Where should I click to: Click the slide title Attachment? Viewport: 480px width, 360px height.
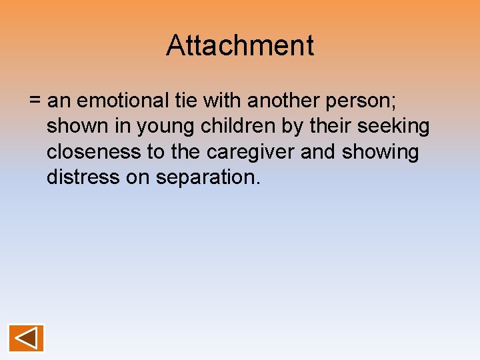(x=240, y=46)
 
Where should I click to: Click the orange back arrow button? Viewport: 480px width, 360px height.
(x=26, y=338)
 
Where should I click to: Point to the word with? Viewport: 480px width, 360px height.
(x=223, y=101)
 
